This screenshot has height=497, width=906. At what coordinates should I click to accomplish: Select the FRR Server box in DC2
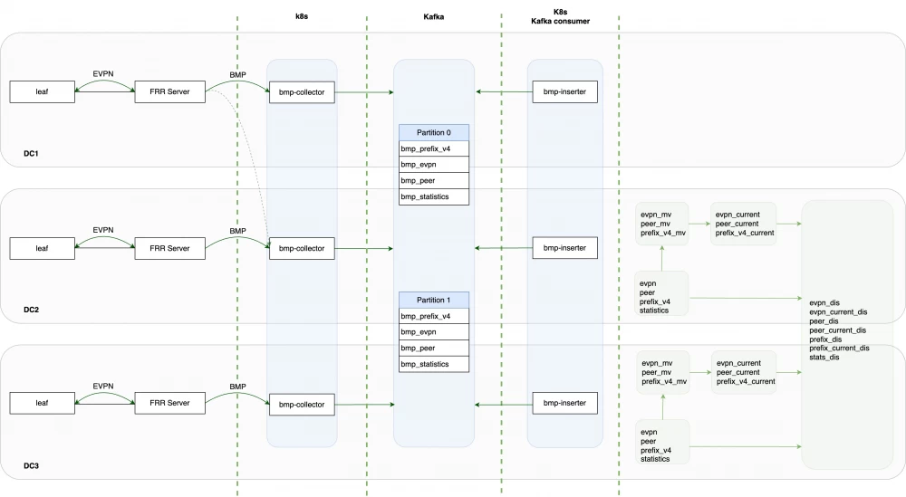click(x=167, y=247)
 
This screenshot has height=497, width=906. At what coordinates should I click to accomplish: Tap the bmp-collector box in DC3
click(x=303, y=403)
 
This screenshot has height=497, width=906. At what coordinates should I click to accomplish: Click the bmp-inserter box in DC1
click(x=564, y=91)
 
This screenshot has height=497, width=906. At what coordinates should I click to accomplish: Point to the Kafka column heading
click(x=434, y=18)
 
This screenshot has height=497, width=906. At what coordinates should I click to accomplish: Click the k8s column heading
click(x=302, y=18)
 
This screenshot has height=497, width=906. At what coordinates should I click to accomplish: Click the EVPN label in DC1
click(x=104, y=74)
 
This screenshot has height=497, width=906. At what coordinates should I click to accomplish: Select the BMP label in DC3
click(x=237, y=387)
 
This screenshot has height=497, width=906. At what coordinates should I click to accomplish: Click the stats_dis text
click(x=825, y=357)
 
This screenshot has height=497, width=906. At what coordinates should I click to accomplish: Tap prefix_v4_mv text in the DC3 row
click(x=663, y=381)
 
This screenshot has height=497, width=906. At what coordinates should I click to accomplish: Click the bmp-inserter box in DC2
click(x=564, y=247)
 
